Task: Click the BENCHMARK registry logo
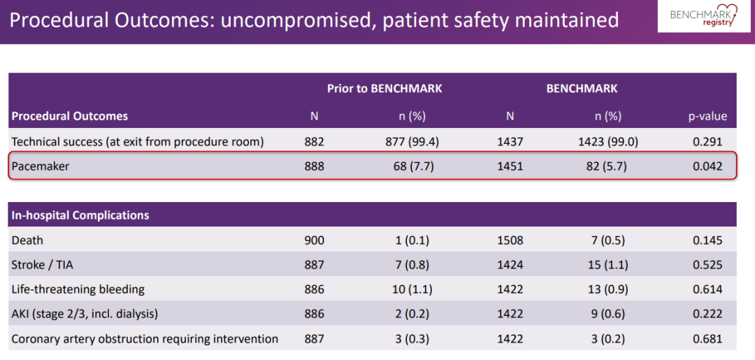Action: pyautogui.click(x=704, y=15)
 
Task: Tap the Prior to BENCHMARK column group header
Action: pyautogui.click(x=384, y=89)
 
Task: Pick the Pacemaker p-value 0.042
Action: pyautogui.click(x=707, y=166)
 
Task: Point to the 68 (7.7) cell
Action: pyautogui.click(x=408, y=166)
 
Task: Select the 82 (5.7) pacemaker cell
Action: pyautogui.click(x=604, y=166)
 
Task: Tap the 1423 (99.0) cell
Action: pyautogui.click(x=604, y=142)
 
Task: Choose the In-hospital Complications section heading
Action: pyautogui.click(x=80, y=215)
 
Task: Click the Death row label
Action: pyautogui.click(x=27, y=240)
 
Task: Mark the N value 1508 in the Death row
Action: pyautogui.click(x=510, y=240)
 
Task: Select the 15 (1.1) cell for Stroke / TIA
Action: pyautogui.click(x=604, y=265)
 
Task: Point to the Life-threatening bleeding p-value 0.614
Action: pyautogui.click(x=707, y=289)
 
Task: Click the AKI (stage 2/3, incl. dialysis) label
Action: pyautogui.click(x=85, y=315)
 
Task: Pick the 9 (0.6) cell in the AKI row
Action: pyautogui.click(x=604, y=315)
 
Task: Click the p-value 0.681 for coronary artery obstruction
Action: pyautogui.click(x=707, y=339)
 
